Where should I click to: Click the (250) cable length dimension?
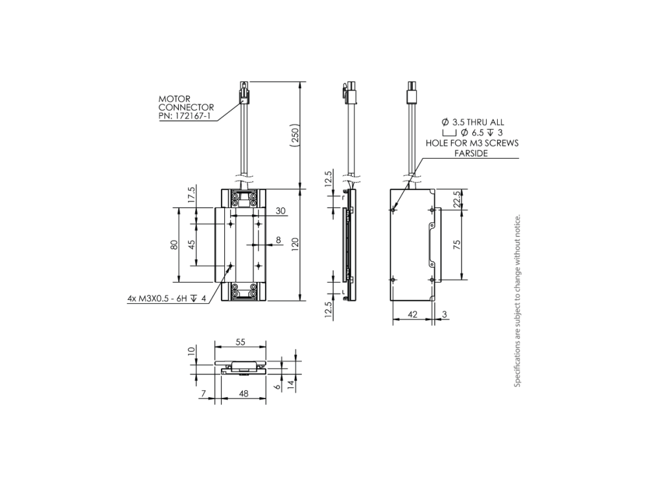295,135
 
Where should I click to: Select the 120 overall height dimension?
295,244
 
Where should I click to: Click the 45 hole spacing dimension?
191,246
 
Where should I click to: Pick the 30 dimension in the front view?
281,211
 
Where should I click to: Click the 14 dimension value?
291,384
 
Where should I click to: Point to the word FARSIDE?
471,154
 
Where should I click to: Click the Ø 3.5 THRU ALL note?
472,122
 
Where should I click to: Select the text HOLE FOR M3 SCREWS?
471,143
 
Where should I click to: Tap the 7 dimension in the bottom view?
203,393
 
